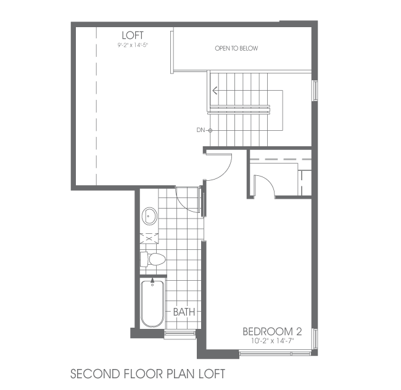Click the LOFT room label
click(133, 35)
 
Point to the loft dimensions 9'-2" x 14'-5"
click(133, 45)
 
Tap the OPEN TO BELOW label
click(236, 48)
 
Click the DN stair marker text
click(200, 130)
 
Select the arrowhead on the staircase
click(215, 90)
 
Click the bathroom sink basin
click(149, 216)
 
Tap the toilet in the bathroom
click(153, 259)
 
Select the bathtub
click(152, 304)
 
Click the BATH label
click(184, 312)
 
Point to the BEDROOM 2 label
click(272, 331)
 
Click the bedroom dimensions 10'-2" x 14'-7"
click(273, 341)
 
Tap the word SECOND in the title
click(95, 374)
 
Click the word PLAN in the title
click(181, 374)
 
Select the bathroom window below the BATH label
click(180, 334)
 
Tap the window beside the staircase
click(315, 91)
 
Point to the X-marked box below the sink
click(149, 239)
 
